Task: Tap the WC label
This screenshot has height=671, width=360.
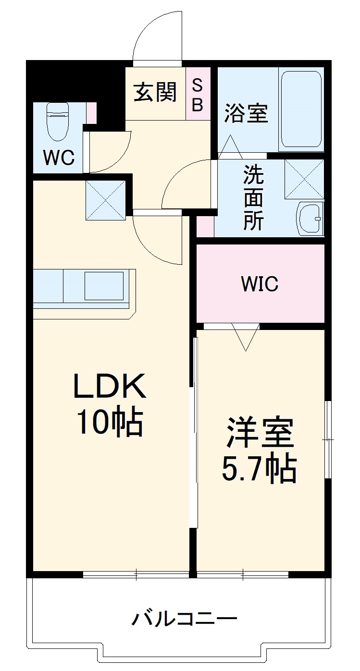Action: coord(59,157)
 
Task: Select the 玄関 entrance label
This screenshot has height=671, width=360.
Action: coord(155,92)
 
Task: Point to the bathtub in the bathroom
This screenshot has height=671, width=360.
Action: coord(301,110)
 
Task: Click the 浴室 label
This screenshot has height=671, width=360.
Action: coord(246,113)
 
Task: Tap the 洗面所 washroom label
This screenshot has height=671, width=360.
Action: coord(253,197)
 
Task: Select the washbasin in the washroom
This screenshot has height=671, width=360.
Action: coord(310,219)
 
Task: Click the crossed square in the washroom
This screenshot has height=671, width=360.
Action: coord(304,178)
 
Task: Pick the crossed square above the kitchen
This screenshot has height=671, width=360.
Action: coord(105,200)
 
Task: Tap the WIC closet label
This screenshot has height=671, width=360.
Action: coord(260,284)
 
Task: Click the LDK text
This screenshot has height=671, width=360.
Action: coord(110,387)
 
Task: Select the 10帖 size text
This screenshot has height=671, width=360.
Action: coord(110,422)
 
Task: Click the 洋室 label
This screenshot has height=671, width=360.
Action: coord(260,432)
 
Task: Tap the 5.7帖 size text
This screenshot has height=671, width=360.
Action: coord(259,468)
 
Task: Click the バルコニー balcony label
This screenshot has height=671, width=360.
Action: coord(185,619)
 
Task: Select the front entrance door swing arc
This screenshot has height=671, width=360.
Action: coord(154,34)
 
